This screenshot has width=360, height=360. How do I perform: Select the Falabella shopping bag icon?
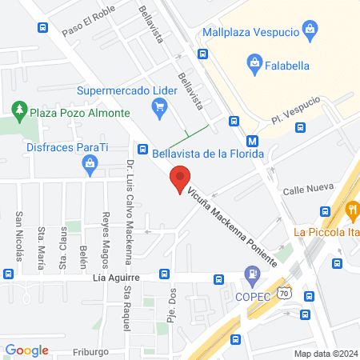[x=254, y=62]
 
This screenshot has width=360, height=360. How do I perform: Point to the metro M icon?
[x=252, y=137]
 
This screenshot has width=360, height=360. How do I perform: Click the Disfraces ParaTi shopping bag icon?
[x=90, y=165]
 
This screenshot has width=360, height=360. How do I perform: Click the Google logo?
[x=26, y=350]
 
